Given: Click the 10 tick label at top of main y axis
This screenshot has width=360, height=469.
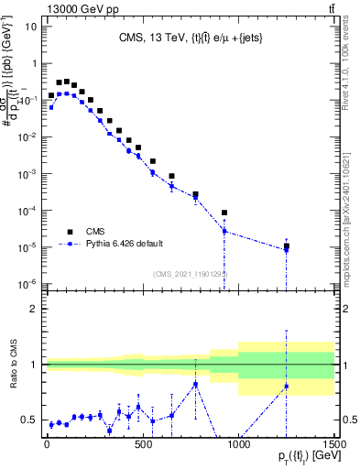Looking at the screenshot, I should click(x=28, y=26).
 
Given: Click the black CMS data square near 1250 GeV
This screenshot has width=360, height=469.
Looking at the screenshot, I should click(x=287, y=246).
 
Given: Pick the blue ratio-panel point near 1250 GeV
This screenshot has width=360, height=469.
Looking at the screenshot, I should click(x=287, y=386).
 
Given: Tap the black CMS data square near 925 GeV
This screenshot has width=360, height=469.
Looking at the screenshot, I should click(x=224, y=213).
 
